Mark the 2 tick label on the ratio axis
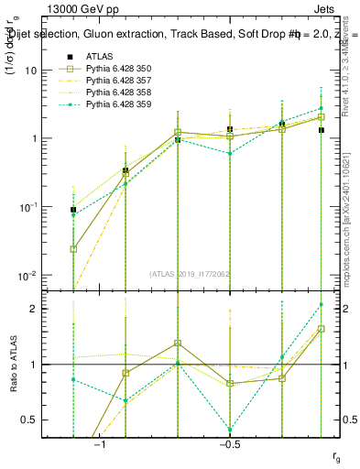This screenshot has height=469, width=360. (x=35, y=309)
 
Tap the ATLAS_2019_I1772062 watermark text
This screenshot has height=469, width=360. (x=191, y=274)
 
